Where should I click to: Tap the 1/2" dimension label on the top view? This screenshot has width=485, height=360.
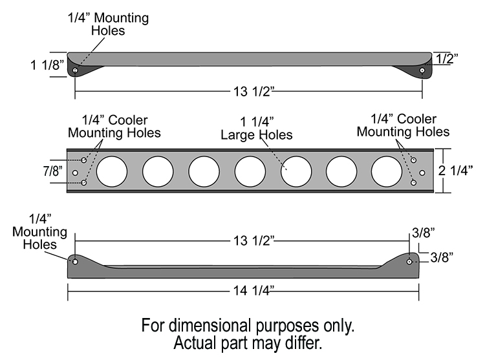click(446, 59)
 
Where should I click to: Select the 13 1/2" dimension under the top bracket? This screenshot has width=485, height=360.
click(249, 92)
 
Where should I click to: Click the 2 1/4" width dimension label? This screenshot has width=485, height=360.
click(460, 171)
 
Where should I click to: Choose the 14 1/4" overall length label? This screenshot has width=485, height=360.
click(249, 291)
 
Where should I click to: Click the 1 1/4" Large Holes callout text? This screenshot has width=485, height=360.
click(257, 129)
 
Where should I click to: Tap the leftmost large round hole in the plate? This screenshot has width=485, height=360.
click(112, 171)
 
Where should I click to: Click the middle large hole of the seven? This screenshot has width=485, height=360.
click(250, 171)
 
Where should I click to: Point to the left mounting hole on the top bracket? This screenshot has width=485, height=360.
click(76, 70)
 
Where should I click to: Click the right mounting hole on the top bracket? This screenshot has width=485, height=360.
click(422, 70)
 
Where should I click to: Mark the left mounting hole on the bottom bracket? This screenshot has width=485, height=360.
click(76, 262)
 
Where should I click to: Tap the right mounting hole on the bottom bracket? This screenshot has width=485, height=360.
click(409, 262)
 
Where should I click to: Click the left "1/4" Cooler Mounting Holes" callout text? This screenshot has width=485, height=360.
click(115, 127)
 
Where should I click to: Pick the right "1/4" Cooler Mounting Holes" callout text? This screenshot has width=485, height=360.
click(404, 125)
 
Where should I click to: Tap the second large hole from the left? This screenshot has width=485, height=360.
click(158, 171)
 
